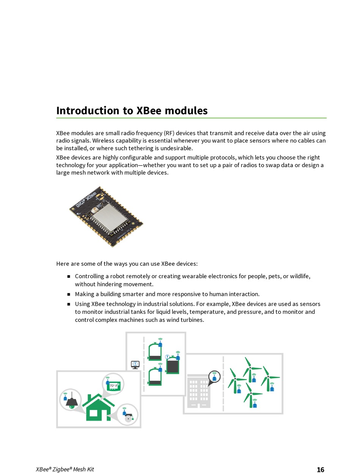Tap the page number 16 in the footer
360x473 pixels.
(x=320, y=470)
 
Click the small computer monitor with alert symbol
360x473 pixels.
(x=135, y=365)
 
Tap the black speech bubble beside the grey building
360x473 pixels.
(x=214, y=377)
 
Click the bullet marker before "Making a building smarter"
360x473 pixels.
(x=69, y=294)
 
